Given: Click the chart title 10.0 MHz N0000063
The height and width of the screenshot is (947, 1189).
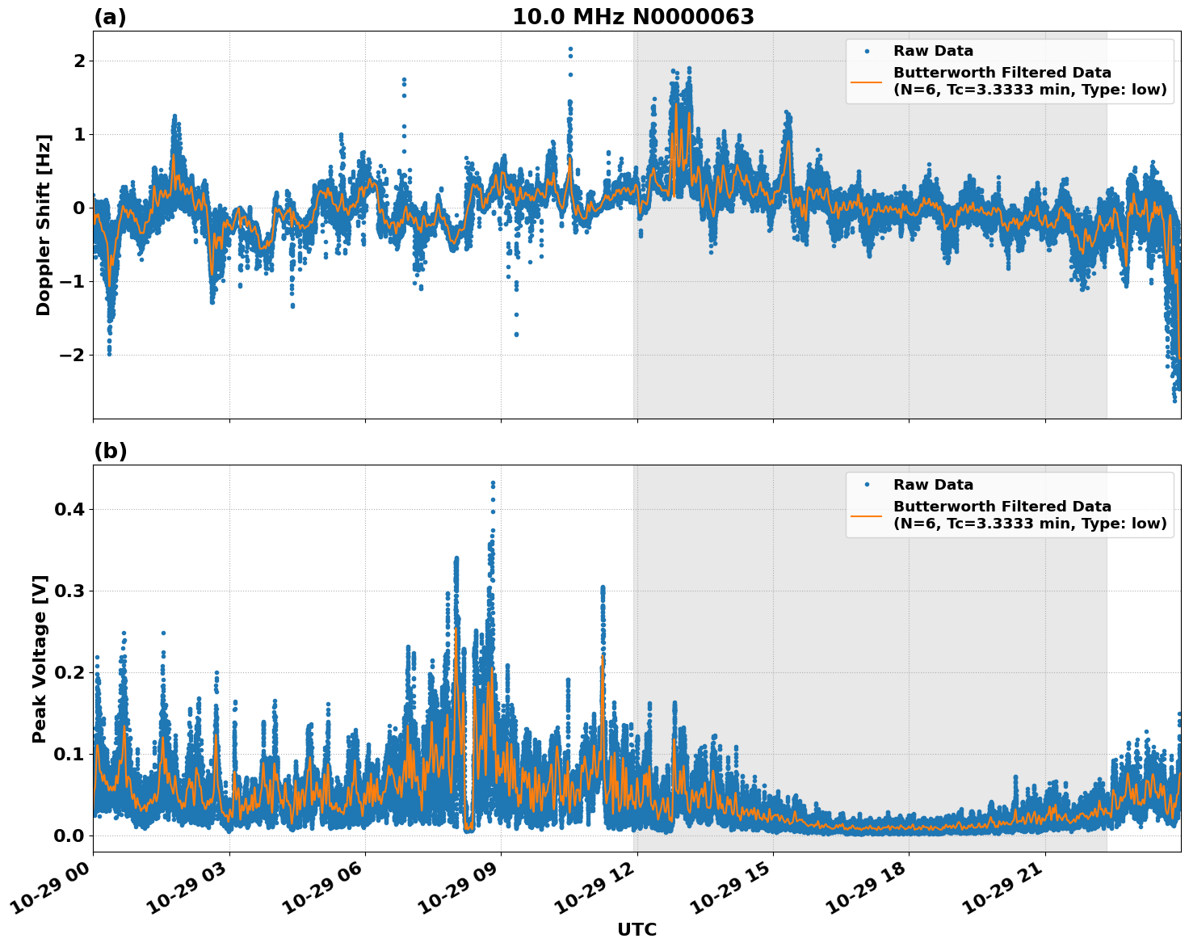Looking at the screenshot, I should pos(632,17).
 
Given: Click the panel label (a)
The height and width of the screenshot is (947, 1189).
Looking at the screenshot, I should pos(110,17).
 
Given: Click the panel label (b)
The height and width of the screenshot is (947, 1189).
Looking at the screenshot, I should pos(110,451).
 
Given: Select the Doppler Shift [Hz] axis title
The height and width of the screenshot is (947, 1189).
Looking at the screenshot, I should pos(44,225).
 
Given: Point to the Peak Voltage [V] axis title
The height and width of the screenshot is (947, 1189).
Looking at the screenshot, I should pos(40,659).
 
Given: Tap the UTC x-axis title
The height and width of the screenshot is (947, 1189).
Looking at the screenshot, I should pos(637,929).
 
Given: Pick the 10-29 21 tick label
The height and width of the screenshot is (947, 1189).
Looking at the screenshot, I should pos(1004,894).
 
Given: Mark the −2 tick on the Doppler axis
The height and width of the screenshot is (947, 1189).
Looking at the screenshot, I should pos(73,355).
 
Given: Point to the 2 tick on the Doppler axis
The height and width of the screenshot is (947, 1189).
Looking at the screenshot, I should pos(79,61).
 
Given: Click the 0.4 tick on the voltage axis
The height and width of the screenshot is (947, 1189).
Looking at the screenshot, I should pos(69,509).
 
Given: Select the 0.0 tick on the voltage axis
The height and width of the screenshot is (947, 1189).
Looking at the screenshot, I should pos(69,835).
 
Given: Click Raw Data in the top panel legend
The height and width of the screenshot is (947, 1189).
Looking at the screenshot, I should pos(933,51).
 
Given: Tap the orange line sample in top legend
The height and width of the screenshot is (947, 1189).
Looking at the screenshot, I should pos(867,81).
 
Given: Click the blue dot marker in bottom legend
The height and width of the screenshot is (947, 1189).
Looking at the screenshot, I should pos(867,485).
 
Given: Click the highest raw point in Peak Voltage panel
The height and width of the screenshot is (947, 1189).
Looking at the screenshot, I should pos(493,482).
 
